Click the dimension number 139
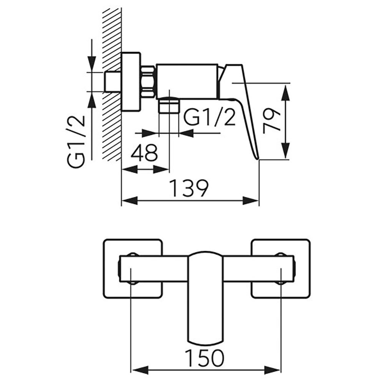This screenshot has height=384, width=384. click(x=189, y=188)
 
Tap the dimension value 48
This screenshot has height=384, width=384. click(x=144, y=152)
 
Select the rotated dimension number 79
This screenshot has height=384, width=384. click(x=271, y=122)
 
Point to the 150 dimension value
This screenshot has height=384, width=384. click(x=205, y=358)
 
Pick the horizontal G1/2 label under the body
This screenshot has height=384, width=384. click(x=209, y=118)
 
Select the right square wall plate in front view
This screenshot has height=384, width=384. click(x=281, y=268)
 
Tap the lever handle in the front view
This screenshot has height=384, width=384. click(x=206, y=297)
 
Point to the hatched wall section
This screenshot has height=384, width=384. click(x=112, y=84)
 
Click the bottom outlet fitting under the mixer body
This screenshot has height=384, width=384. click(x=169, y=105)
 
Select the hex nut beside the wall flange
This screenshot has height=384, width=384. click(x=148, y=82)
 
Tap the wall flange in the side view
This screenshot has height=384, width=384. click(x=131, y=82)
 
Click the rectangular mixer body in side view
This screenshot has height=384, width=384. click(x=187, y=82)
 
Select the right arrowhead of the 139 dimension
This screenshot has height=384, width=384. click(x=251, y=200)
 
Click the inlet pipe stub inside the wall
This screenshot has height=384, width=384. click(x=113, y=82)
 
